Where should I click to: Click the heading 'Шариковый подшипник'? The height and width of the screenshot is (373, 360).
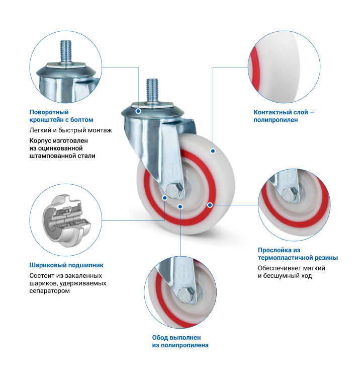66,265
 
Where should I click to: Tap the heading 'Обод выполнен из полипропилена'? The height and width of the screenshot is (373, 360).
180,341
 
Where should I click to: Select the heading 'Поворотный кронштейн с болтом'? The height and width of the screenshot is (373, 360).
61,116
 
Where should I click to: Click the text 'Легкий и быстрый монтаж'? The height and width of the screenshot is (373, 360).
70,130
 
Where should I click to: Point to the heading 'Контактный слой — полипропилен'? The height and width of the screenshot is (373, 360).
284,116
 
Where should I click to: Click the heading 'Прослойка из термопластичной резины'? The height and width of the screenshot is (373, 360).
298,254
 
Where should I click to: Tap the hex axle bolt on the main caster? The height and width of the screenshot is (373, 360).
174,191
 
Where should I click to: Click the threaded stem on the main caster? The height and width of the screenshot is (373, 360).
152,91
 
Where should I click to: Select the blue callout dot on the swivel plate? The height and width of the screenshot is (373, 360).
138,111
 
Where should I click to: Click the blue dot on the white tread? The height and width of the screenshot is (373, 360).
213,151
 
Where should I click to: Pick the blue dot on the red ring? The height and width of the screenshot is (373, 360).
210,205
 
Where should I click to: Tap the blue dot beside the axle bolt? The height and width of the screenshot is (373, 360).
164,198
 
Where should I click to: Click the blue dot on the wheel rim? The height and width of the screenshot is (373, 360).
180,206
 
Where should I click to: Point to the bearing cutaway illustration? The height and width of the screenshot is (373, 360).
66,220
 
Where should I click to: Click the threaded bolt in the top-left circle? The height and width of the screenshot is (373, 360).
66,52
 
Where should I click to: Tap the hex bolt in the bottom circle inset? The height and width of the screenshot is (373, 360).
186,295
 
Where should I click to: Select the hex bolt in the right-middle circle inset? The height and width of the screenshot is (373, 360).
290,195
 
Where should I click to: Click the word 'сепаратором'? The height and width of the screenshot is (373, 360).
49,291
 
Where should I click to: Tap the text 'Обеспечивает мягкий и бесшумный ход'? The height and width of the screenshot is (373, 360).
291,272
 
